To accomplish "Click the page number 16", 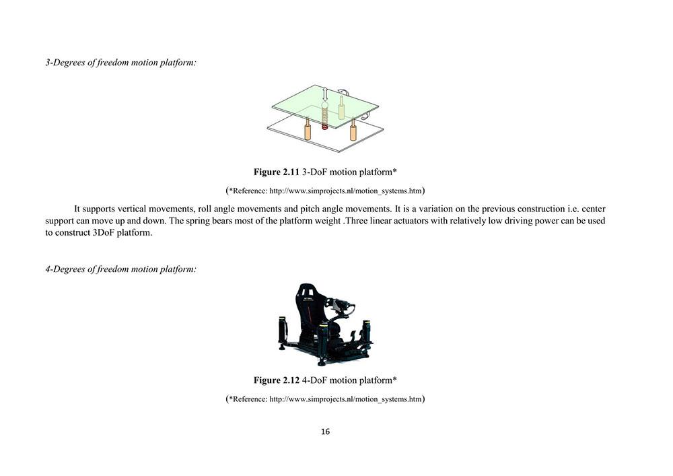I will (325, 432).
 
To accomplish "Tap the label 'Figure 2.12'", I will (276, 380).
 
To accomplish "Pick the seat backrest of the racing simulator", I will (307, 300).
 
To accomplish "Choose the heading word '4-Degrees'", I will (65, 269).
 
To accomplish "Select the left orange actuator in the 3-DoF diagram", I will (307, 129).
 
